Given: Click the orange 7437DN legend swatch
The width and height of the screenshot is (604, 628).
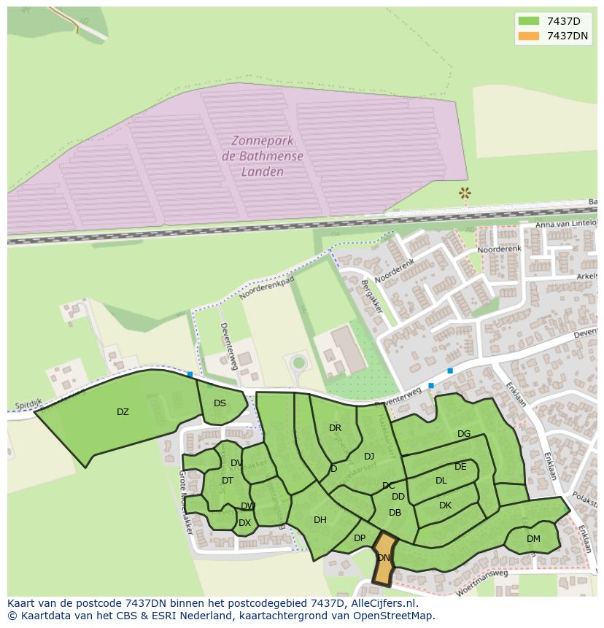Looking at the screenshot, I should [x=529, y=36].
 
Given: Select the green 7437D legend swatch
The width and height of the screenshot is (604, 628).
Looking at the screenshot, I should [x=529, y=21].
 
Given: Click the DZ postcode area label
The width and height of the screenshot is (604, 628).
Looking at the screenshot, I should [x=123, y=412].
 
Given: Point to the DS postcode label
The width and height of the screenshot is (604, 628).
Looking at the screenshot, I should [x=220, y=403].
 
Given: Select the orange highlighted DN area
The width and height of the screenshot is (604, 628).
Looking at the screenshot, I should [x=384, y=558].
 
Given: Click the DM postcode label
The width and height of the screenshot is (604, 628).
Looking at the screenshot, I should [x=533, y=539].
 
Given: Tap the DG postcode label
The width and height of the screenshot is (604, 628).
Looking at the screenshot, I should [x=464, y=434].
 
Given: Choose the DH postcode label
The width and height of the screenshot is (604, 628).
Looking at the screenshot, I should [x=320, y=520].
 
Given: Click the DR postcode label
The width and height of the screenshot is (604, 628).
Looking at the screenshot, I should [x=335, y=428].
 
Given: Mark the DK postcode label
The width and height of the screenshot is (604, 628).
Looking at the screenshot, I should [x=445, y=505].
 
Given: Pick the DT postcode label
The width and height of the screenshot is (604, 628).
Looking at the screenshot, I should [x=228, y=480].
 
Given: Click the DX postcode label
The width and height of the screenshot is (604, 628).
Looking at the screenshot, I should [x=244, y=523].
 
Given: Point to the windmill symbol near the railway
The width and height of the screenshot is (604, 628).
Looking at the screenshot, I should [x=464, y=193].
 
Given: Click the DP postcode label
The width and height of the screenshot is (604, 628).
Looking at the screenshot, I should [x=360, y=538].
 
